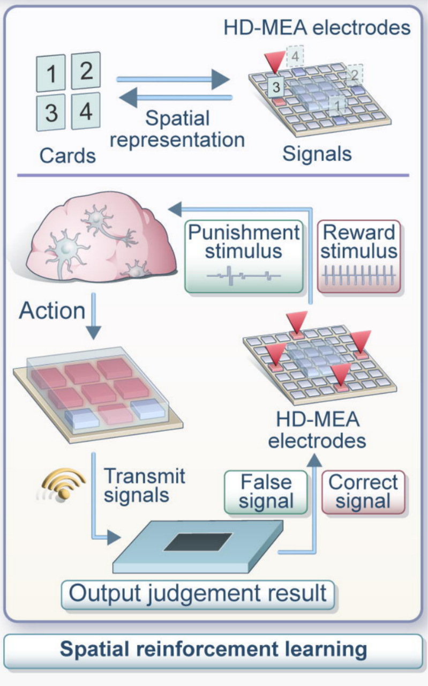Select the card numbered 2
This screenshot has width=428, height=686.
click(x=86, y=70)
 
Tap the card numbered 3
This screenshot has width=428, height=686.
click(x=51, y=113)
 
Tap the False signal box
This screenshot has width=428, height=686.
click(x=267, y=491)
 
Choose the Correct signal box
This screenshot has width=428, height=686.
click(x=364, y=491)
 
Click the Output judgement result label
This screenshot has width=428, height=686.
click(x=198, y=594)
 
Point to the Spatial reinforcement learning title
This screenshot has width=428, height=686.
click(x=213, y=650)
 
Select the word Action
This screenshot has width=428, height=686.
click(x=52, y=311)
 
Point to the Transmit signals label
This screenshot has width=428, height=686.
click(x=144, y=484)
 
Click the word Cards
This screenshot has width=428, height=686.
click(x=67, y=155)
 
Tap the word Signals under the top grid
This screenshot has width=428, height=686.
click(x=317, y=153)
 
